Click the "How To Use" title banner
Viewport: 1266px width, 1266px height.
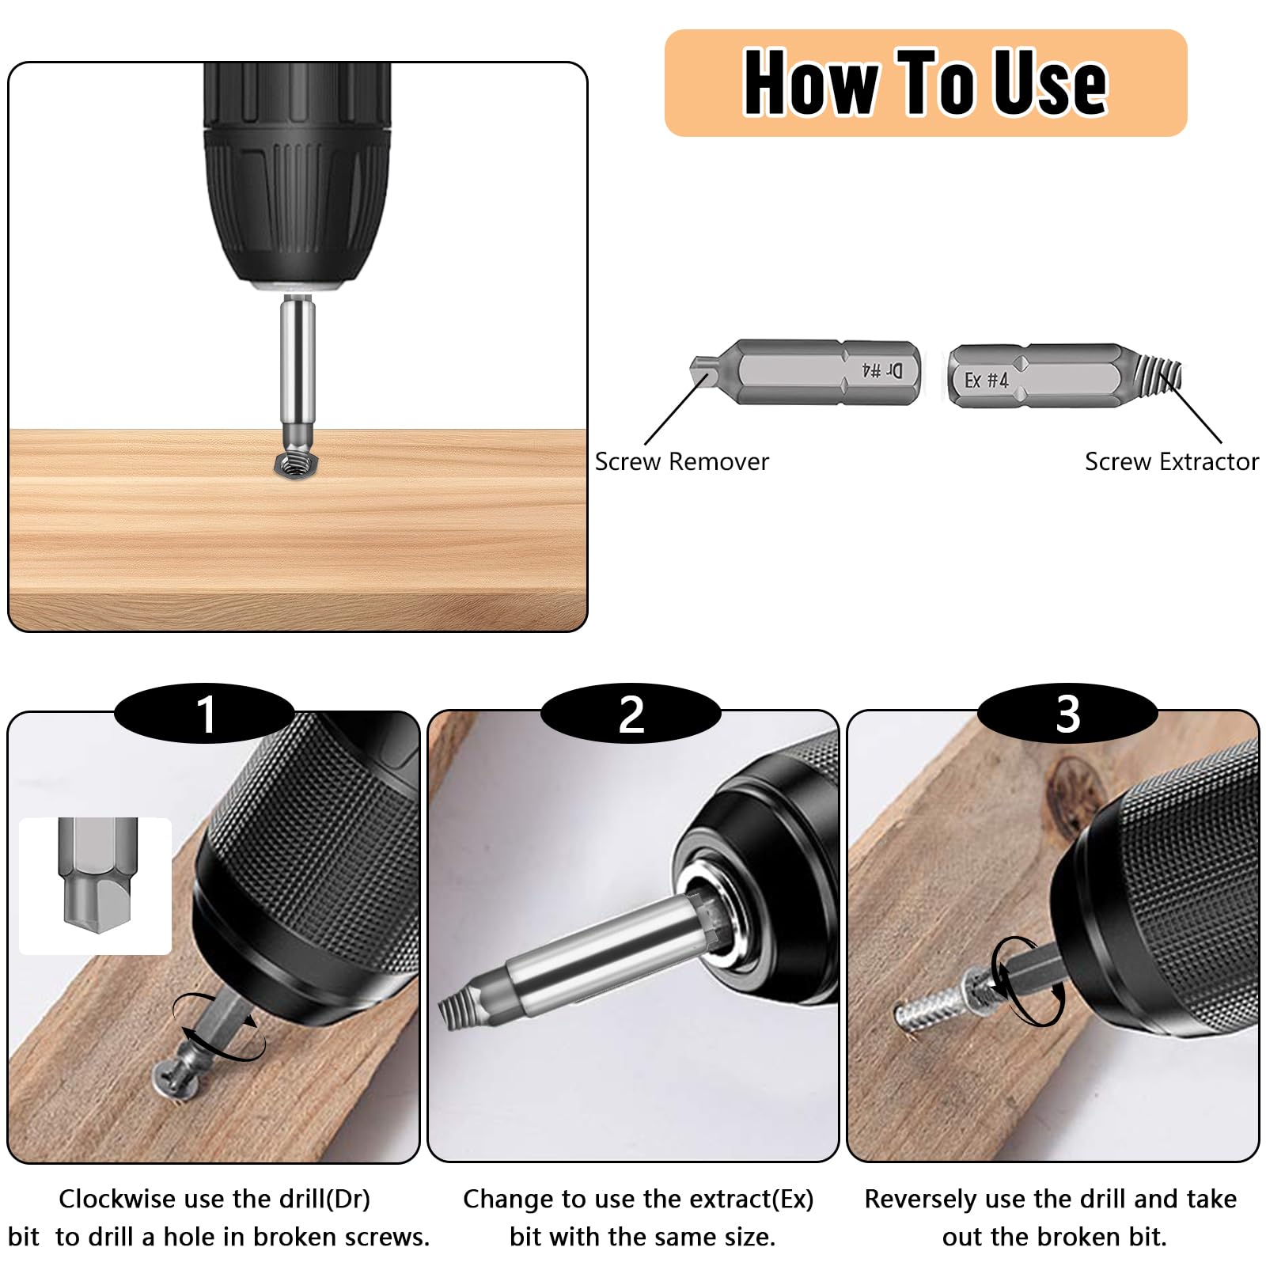[926, 83]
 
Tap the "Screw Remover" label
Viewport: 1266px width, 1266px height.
[681, 461]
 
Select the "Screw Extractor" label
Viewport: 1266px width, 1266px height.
[1171, 461]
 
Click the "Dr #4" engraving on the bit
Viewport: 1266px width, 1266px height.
[881, 370]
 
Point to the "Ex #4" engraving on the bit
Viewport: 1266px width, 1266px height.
[986, 381]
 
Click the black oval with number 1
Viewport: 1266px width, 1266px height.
[205, 714]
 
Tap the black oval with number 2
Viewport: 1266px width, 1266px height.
[631, 714]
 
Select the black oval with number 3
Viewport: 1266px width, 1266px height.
[1067, 714]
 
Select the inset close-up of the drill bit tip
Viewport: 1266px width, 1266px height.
[96, 885]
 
